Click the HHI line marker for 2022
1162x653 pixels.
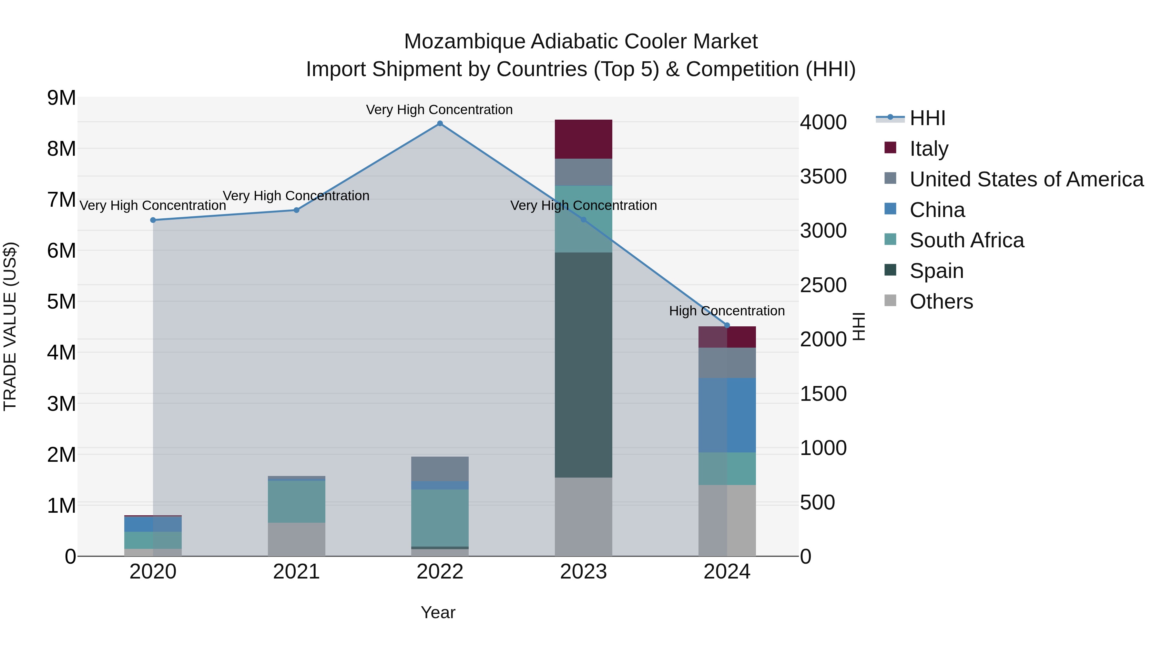(440, 124)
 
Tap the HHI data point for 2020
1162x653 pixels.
(153, 220)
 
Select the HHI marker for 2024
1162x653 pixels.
(727, 325)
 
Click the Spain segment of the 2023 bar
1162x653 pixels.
(583, 365)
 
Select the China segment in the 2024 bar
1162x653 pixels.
(727, 415)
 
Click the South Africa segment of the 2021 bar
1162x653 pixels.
(296, 501)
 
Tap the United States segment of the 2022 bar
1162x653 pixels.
(440, 469)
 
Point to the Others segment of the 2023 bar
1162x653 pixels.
(583, 517)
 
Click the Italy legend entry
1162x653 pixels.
(929, 148)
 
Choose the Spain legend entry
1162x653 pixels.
(936, 271)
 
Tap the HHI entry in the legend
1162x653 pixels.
(927, 118)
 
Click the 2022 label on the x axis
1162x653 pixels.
(440, 572)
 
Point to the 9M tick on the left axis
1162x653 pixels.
(61, 98)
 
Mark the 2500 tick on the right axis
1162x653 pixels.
(823, 285)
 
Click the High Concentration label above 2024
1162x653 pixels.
(727, 311)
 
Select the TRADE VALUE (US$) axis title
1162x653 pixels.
(10, 327)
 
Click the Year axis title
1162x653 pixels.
(438, 612)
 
